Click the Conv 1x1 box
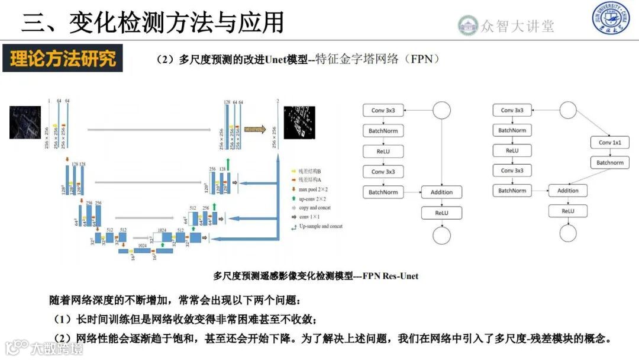click(609, 143)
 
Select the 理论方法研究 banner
click(63, 59)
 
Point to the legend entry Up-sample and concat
click(320, 227)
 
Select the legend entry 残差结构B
click(314, 171)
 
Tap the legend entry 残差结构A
click(314, 179)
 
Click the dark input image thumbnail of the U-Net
click(25, 122)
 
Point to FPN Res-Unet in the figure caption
click(390, 276)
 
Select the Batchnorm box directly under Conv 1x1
click(609, 163)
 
